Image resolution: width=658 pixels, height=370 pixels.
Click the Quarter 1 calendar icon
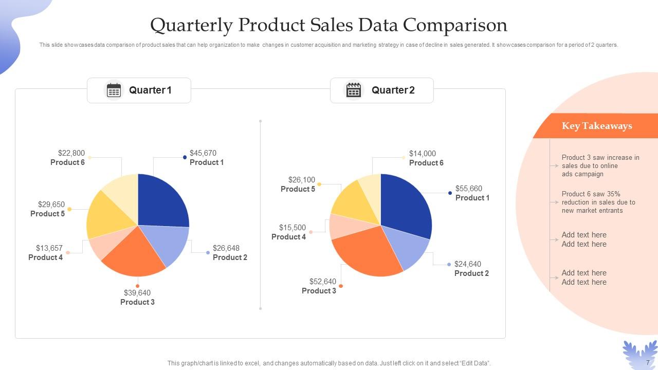coord(114,90)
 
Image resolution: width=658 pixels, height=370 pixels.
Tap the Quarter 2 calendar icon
coord(354,90)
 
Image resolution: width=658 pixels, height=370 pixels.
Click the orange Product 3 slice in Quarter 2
coord(368,252)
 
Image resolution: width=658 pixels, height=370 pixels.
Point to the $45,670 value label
coord(203,153)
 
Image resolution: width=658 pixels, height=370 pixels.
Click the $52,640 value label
coord(322,282)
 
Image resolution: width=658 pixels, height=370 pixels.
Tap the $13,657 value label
coord(49,248)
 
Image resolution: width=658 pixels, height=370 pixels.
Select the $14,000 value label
coord(422,154)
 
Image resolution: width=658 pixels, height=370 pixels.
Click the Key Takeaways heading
coord(596,126)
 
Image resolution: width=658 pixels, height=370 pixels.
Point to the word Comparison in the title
coord(454,25)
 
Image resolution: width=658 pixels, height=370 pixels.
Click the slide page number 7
coord(648,362)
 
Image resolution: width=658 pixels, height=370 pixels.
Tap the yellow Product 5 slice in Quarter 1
coord(108,213)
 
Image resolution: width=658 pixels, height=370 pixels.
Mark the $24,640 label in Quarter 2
coord(467,264)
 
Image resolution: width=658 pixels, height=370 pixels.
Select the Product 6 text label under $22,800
coord(67,162)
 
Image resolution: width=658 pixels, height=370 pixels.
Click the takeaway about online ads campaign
coord(600,166)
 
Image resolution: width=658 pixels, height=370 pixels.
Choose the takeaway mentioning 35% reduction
coord(598,202)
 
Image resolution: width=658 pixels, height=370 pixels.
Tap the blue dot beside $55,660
coord(450,193)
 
